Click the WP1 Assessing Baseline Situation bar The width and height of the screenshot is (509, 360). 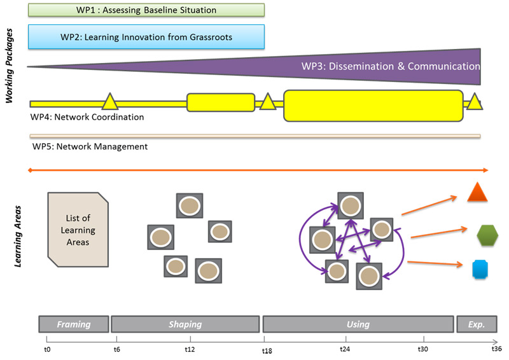(146, 10)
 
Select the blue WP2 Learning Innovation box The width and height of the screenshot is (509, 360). (146, 37)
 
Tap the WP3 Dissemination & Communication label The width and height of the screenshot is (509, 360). (391, 66)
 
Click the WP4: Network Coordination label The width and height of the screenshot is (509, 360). (87, 117)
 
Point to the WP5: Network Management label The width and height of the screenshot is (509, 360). (90, 146)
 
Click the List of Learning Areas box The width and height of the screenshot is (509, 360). (78, 230)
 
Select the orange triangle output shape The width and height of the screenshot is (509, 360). (477, 193)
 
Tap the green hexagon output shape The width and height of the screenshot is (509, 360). (487, 235)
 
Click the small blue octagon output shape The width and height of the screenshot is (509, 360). (480, 270)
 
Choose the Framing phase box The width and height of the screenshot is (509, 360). (74, 324)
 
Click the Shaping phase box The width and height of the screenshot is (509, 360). (185, 324)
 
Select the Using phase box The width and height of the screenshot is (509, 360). (358, 324)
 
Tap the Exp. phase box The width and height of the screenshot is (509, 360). (477, 324)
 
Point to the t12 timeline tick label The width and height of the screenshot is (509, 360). (190, 349)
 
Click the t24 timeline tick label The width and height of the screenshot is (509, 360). (345, 349)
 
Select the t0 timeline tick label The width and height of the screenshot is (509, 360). (47, 349)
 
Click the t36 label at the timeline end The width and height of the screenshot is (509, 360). (497, 349)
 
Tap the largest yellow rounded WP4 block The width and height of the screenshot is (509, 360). (373, 106)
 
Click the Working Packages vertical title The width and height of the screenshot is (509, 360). (9, 66)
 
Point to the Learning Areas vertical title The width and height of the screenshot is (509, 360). (18, 237)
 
